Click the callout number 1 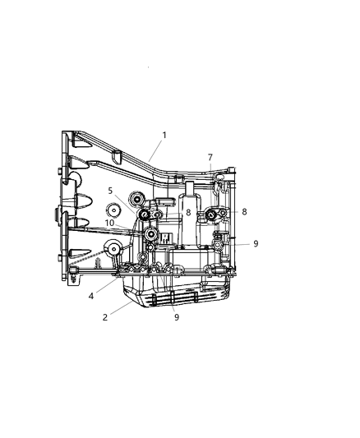click(x=164, y=135)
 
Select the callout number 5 click(x=109, y=191)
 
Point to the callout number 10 click(x=109, y=223)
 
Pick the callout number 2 click(x=104, y=316)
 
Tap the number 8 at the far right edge click(x=244, y=211)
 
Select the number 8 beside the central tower click(x=187, y=212)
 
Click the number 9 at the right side click(x=256, y=243)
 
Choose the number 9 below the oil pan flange click(x=175, y=316)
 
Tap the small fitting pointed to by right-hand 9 click(x=218, y=245)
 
